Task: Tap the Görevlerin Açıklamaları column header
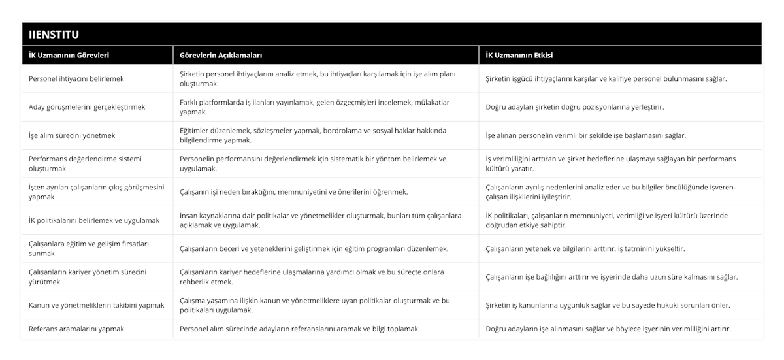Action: (221, 56)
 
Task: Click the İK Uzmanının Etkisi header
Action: (519, 56)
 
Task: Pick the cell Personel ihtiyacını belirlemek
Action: (76, 78)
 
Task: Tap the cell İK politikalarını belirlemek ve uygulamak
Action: (94, 220)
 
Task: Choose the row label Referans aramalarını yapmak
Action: (76, 329)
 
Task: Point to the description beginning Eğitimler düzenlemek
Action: (313, 135)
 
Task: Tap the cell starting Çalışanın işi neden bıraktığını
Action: (294, 192)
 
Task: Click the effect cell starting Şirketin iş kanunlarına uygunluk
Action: (608, 305)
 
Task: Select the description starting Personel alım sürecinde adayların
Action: (300, 329)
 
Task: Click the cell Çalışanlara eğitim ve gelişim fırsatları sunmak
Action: (90, 248)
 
